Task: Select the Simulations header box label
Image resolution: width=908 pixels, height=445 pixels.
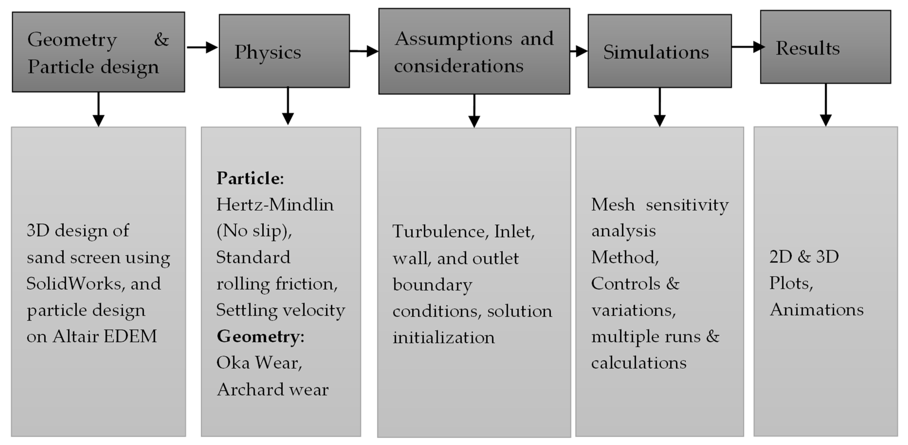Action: click(656, 52)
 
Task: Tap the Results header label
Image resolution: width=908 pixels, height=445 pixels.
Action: click(807, 48)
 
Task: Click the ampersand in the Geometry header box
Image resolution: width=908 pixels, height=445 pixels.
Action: click(161, 39)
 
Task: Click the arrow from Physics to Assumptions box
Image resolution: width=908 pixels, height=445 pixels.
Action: click(364, 51)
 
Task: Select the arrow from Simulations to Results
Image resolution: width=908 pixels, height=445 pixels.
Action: click(747, 47)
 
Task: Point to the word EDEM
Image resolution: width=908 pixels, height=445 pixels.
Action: click(130, 336)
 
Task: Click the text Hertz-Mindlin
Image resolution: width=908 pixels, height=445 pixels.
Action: click(275, 205)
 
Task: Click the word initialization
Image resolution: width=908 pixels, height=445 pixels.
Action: click(443, 338)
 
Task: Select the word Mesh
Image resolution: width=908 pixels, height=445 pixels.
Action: click(613, 205)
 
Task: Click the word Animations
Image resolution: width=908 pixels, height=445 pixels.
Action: click(816, 310)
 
